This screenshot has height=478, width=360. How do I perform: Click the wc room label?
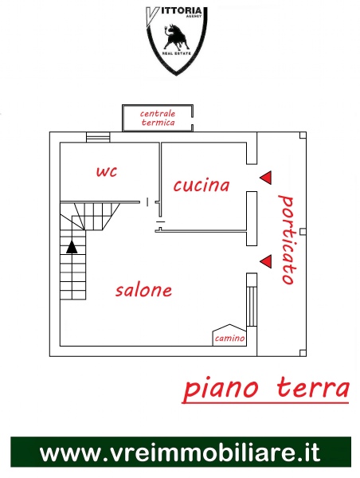tap(107, 171)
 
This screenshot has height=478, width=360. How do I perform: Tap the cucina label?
tap(202, 185)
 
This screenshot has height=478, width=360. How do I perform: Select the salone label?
tap(143, 290)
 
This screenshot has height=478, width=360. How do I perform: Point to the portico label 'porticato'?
tap(287, 240)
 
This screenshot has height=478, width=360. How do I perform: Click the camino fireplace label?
tap(229, 338)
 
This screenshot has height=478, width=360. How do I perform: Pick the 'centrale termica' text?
tap(158, 118)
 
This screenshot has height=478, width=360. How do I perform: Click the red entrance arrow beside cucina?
tap(265, 178)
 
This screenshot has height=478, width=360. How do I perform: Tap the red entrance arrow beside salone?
tap(265, 261)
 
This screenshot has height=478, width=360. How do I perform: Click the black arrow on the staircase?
tap(72, 247)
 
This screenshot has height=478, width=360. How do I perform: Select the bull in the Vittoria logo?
tap(176, 37)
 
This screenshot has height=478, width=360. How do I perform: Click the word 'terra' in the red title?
tap(313, 388)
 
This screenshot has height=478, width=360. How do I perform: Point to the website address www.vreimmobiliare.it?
tap(180, 453)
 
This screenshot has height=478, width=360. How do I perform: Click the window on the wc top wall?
tap(98, 137)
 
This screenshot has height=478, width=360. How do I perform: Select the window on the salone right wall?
tap(252, 307)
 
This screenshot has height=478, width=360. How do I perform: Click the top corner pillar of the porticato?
tap(303, 135)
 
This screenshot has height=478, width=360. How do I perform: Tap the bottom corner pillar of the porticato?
tap(303, 353)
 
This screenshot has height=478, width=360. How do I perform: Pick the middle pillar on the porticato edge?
tap(303, 232)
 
